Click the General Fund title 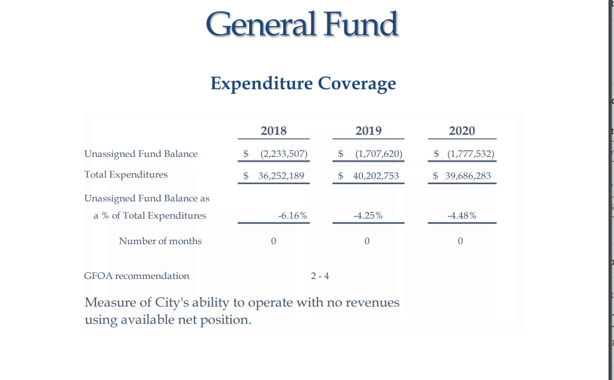pyautogui.click(x=302, y=25)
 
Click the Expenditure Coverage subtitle pyautogui.click(x=303, y=83)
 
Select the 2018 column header pyautogui.click(x=274, y=130)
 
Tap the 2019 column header pyautogui.click(x=369, y=130)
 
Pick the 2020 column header pyautogui.click(x=462, y=130)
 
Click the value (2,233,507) pyautogui.click(x=283, y=154)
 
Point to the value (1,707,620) pyautogui.click(x=378, y=154)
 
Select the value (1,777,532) pyautogui.click(x=471, y=154)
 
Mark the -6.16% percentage pyautogui.click(x=293, y=216)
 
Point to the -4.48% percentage pyautogui.click(x=462, y=216)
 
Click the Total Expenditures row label pyautogui.click(x=126, y=175)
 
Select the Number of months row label pyautogui.click(x=160, y=241)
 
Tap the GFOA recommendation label pyautogui.click(x=137, y=276)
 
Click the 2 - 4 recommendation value pyautogui.click(x=320, y=277)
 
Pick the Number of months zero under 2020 pyautogui.click(x=460, y=242)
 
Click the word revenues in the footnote pyautogui.click(x=373, y=302)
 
